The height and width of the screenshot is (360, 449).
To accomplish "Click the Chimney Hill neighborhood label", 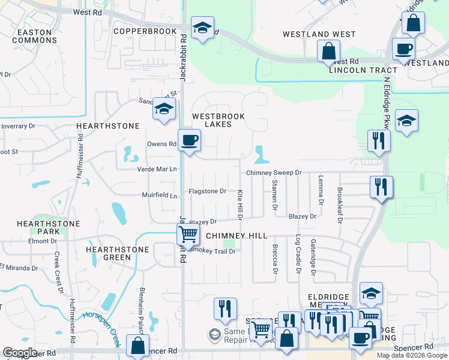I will coord(236,236).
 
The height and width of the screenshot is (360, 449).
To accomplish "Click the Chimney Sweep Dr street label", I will coord(273,173).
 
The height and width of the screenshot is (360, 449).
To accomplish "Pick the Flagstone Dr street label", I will coord(207,191).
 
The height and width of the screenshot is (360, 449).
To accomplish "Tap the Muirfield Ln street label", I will coord(160,196).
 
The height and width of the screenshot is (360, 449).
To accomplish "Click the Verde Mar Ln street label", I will coord(158,169).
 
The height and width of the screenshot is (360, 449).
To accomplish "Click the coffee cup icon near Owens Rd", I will coord(190,140).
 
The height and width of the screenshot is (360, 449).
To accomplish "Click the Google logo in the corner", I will coord(20,353).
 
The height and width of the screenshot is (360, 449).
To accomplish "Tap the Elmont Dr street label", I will coord(42,241).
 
